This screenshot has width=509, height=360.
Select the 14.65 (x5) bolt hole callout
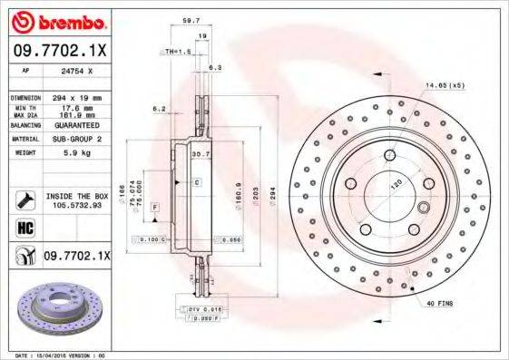coord(445,84)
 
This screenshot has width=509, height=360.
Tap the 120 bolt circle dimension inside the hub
coord(396,182)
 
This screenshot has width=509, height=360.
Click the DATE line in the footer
coord(55,355)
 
